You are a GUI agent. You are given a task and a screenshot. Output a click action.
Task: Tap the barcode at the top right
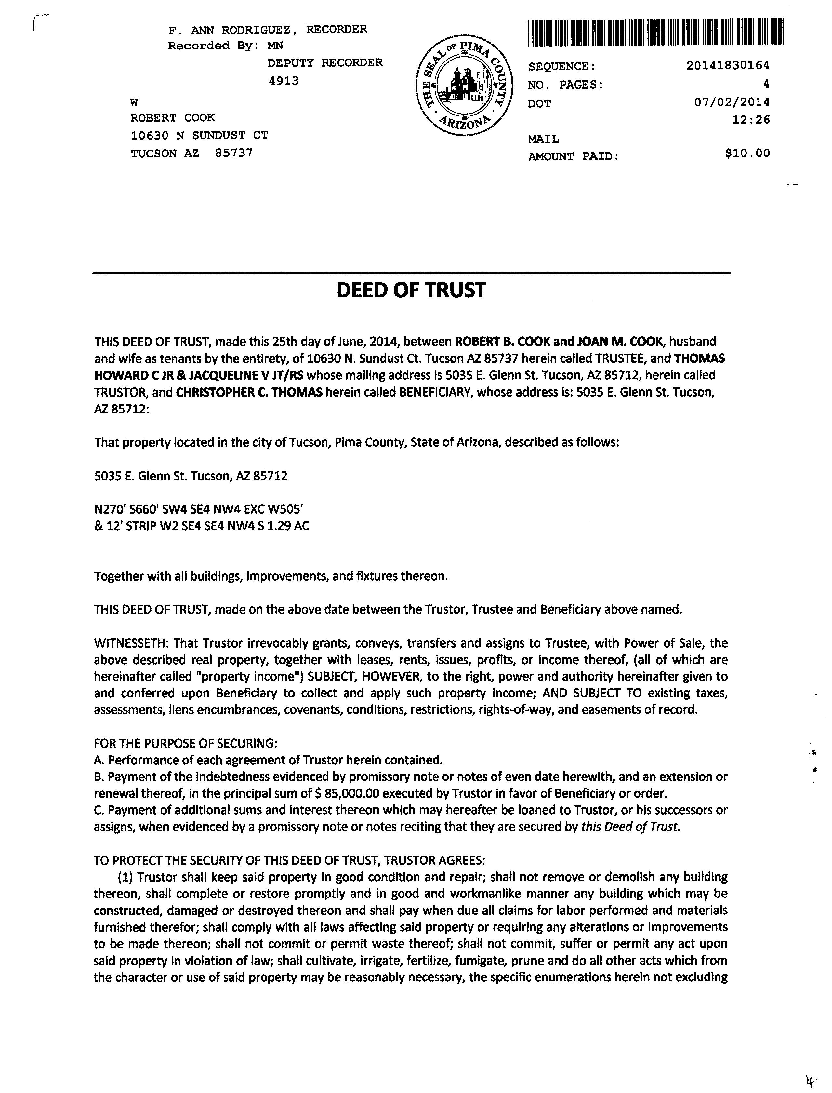pos(656,33)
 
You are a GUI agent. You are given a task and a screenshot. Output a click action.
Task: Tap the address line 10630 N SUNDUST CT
pos(199,135)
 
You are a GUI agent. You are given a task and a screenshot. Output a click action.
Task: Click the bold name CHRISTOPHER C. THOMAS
pos(249,392)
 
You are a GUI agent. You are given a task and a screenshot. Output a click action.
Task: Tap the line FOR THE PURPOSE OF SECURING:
pos(186,744)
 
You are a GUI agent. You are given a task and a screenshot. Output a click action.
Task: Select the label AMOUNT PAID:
pos(574,156)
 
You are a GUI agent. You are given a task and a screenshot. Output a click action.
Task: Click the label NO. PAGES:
pos(566,85)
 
